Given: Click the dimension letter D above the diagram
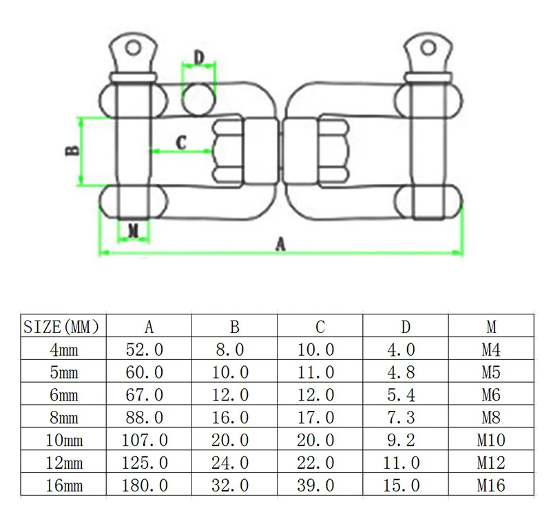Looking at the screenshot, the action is coord(199,58).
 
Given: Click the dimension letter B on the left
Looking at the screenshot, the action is coord(73,150).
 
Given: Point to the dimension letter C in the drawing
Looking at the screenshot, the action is coord(181,143).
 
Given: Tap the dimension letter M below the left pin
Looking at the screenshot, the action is coord(133,231).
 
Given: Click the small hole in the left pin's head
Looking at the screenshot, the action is coord(133,47).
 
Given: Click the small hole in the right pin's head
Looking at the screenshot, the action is coord(428,47).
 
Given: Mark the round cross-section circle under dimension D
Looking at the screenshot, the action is coord(199,99).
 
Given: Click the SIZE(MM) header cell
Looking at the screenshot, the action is coord(61,327).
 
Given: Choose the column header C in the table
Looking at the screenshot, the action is coord(320,327).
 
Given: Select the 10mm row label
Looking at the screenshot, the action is coord(64,440).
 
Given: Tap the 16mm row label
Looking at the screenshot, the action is coord(64,485).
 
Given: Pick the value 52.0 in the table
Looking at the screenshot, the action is coord(145,350).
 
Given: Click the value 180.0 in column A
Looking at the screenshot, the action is coord(145,485).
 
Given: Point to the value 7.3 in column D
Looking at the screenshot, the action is coord(401,417).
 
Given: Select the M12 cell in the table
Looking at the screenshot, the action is coord(491,463).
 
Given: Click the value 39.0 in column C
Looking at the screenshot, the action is coord(315,485).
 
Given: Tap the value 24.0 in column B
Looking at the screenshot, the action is coord(230,463).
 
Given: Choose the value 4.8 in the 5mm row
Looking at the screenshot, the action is coord(401,372).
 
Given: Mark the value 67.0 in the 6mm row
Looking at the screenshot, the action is coord(145,394).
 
